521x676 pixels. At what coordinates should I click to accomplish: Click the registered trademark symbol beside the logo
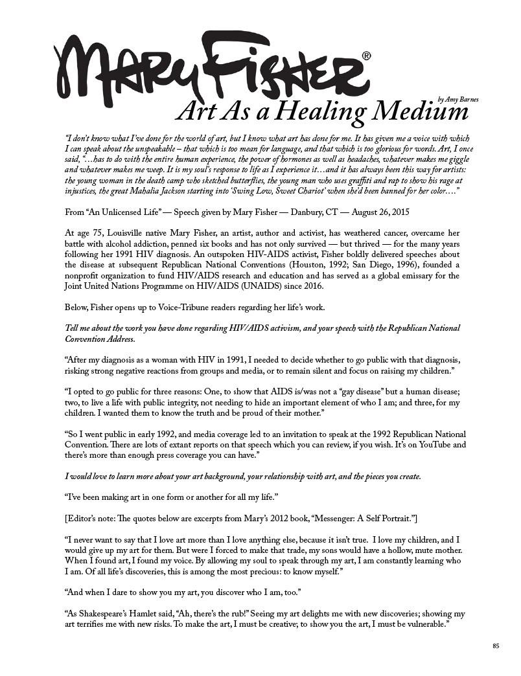point(367,56)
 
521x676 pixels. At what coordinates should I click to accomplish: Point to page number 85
point(496,645)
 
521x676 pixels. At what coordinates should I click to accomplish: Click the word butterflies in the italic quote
point(218,181)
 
